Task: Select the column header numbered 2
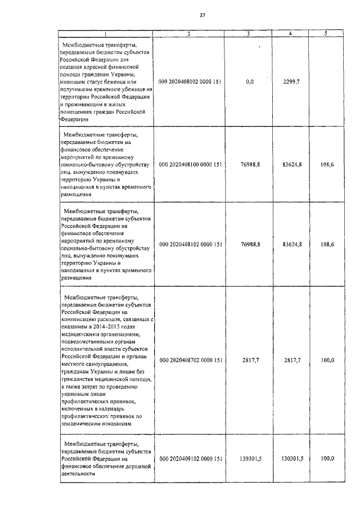(189, 34)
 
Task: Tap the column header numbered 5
(326, 34)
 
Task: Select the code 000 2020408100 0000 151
(191, 165)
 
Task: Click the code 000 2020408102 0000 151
(191, 245)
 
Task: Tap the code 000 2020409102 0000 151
(191, 459)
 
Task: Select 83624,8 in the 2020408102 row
(292, 245)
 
